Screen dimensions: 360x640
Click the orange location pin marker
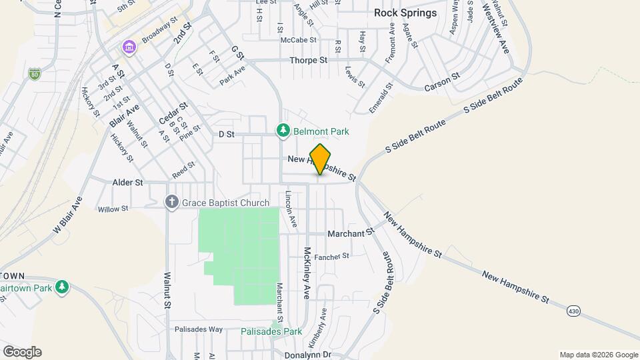[320, 159]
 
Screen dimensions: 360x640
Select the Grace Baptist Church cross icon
[171, 202]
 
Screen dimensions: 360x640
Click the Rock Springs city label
[405, 13]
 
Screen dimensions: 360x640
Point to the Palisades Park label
[271, 331]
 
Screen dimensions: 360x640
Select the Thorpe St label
[308, 60]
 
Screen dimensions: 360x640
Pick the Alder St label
[129, 182]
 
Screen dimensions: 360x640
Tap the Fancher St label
[332, 256]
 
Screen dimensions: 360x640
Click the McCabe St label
[297, 40]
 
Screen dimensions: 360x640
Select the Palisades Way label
[198, 329]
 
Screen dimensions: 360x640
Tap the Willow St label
[113, 209]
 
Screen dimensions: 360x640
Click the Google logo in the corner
[22, 352]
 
